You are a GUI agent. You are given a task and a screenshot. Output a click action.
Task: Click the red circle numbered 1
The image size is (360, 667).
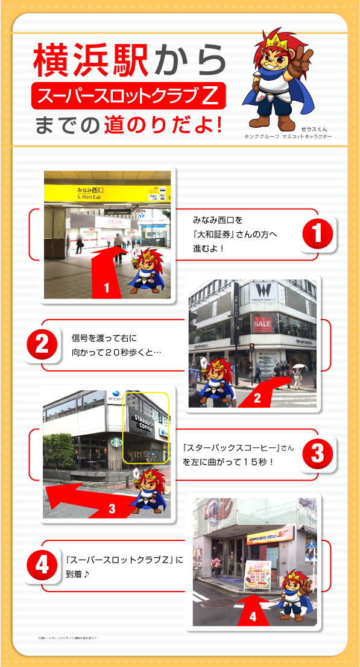point(317,233)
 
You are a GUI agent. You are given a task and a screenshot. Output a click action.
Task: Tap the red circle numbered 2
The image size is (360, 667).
point(42,344)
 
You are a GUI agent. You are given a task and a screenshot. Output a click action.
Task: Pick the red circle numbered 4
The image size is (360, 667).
point(42,565)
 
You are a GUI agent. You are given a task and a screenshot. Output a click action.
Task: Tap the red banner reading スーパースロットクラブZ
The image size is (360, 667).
point(128,95)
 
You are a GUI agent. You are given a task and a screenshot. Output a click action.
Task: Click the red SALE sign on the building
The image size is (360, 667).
point(262,323)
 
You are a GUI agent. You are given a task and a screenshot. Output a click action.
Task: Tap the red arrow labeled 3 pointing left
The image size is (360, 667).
point(90,501)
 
